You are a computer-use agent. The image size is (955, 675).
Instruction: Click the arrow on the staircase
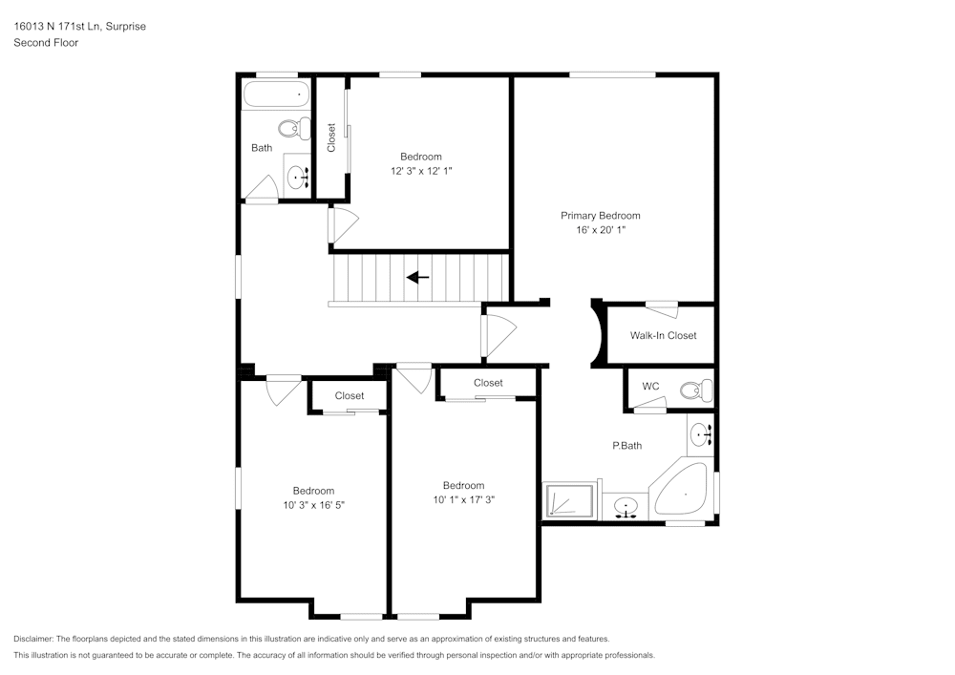(417, 278)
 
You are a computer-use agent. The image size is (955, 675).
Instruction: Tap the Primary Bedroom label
(600, 216)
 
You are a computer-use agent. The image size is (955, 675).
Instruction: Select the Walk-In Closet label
(663, 335)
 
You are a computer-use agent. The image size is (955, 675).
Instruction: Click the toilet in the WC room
(696, 390)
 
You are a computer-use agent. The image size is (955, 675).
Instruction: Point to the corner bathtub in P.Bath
(683, 491)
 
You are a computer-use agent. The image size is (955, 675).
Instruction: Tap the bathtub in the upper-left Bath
(276, 95)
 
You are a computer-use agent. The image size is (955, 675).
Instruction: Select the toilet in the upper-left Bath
(294, 127)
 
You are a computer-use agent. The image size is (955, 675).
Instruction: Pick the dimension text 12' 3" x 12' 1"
(420, 171)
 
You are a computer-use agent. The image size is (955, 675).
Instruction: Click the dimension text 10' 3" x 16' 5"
(313, 505)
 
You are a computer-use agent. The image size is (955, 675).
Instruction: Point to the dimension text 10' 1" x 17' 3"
(463, 499)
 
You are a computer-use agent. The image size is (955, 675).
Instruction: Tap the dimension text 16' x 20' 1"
(600, 230)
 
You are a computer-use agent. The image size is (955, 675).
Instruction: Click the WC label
(650, 387)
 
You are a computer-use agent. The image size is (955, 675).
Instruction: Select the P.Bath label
(626, 446)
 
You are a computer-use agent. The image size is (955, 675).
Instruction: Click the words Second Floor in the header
(46, 43)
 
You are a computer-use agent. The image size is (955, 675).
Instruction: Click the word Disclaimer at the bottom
(33, 639)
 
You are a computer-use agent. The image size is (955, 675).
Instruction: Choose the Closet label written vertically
(331, 138)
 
